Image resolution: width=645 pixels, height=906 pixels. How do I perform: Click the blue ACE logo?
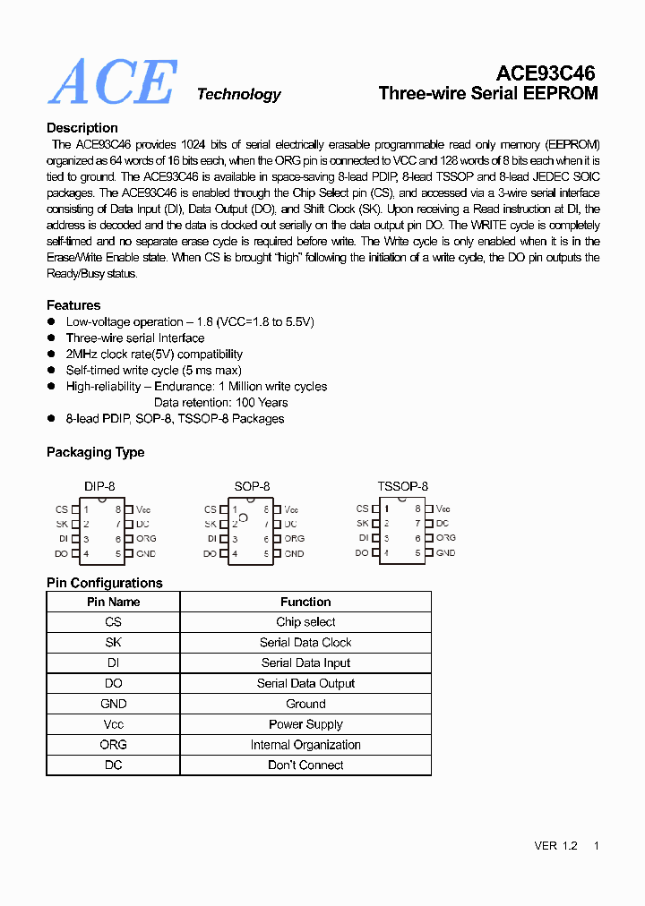[113, 82]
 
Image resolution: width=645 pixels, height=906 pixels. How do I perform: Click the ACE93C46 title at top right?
[546, 73]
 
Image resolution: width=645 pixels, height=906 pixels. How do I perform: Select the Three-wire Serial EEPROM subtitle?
[487, 93]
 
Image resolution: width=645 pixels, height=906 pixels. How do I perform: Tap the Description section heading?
[82, 128]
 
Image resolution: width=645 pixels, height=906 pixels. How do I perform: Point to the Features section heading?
[73, 305]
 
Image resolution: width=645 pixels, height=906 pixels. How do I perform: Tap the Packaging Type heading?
[95, 452]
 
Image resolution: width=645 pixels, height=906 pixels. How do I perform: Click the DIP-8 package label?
[99, 486]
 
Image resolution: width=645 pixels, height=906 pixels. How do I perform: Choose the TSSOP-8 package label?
[402, 486]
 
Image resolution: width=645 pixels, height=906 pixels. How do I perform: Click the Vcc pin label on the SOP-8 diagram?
[292, 509]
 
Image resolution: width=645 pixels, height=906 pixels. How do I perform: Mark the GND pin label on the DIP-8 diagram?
[145, 554]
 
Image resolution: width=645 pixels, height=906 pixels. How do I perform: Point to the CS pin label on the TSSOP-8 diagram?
[362, 509]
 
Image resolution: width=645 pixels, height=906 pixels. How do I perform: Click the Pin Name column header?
[113, 603]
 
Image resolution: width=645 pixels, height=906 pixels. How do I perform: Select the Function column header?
[305, 603]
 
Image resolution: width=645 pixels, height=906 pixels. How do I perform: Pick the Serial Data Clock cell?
[305, 643]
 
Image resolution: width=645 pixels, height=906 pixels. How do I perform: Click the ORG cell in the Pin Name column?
[113, 745]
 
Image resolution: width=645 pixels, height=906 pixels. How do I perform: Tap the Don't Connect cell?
[305, 765]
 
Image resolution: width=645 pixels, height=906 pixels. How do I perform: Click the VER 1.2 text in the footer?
[555, 846]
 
